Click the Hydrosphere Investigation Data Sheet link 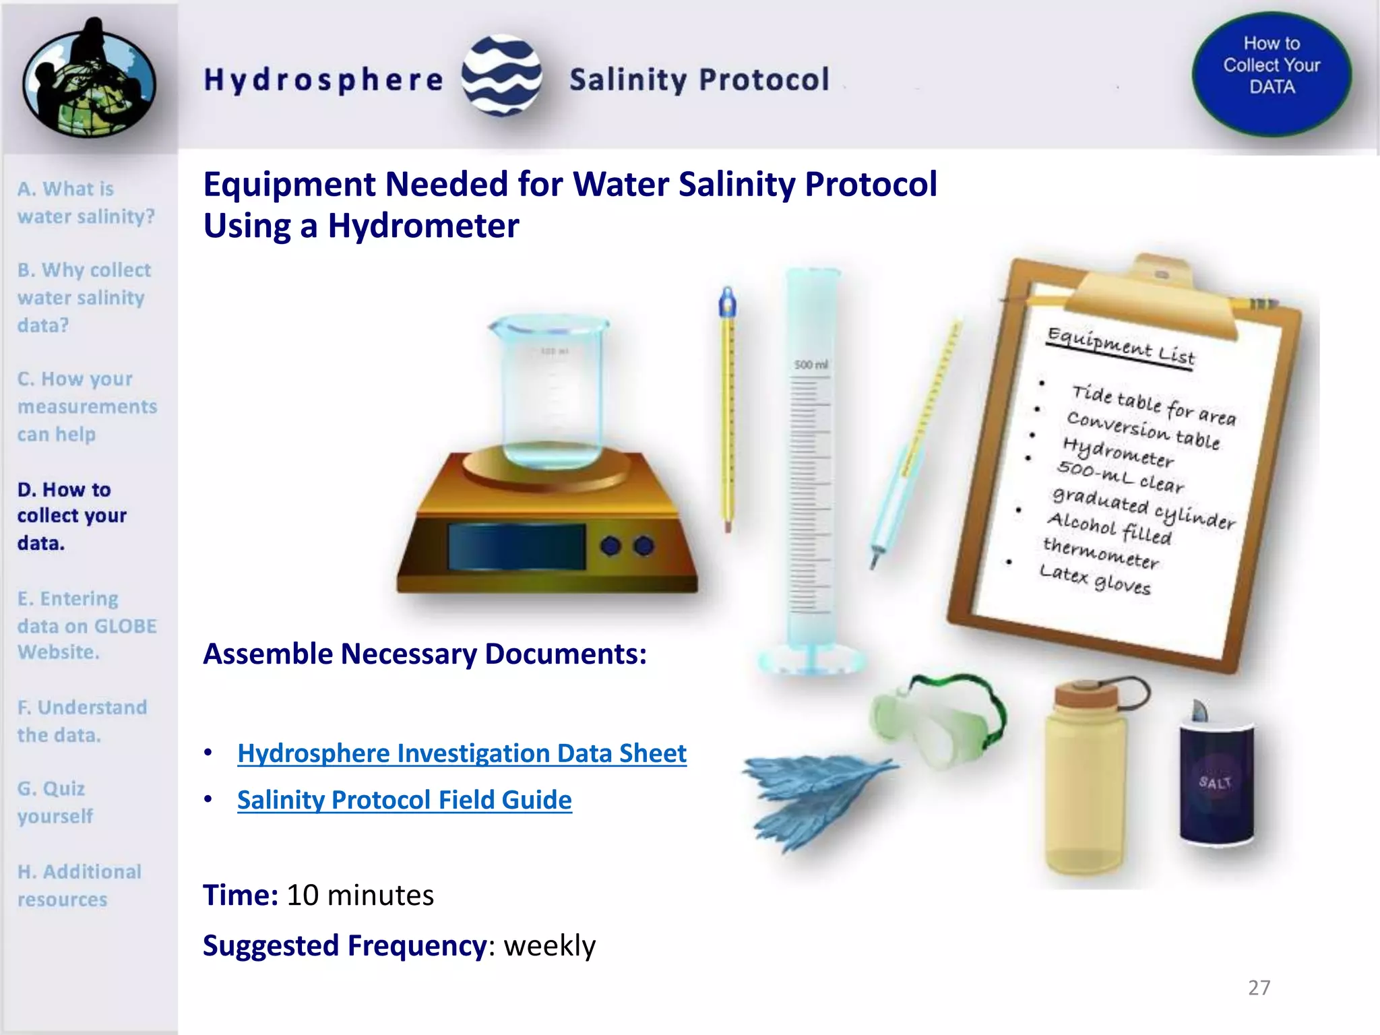pos(462,753)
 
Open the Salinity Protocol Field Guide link pos(404,800)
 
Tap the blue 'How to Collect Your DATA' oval pos(1272,73)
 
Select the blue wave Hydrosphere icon pos(501,75)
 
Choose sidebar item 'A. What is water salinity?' pos(86,202)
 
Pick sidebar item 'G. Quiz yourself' pos(55,802)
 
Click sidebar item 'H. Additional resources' pos(80,885)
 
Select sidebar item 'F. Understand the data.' pos(82,721)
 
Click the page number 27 pos(1259,987)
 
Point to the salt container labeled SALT pos(1216,782)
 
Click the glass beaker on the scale pos(549,391)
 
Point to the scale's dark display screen pos(516,546)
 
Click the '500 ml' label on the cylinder pos(811,365)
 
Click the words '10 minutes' pos(360,896)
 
